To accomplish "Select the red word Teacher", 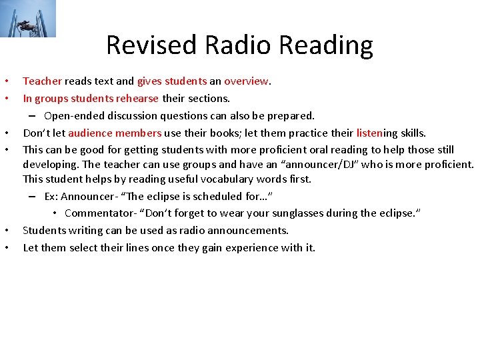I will [x=42, y=81].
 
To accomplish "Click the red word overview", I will [x=247, y=81].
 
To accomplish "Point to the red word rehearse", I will [x=137, y=99].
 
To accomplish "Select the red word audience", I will [x=91, y=133].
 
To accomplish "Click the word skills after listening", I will [x=411, y=133].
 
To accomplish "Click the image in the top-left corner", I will [x=28, y=19].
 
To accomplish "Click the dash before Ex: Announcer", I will [x=33, y=197].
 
